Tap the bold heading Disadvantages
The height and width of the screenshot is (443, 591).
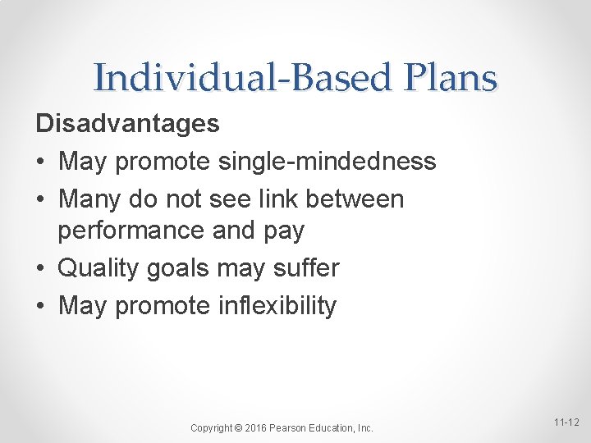(127, 124)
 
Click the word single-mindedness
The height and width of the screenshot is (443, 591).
(327, 162)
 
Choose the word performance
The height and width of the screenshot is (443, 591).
(131, 231)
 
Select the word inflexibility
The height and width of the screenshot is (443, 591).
(277, 306)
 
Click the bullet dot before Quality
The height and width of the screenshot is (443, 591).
(41, 269)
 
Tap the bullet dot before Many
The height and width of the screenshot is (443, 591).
(41, 200)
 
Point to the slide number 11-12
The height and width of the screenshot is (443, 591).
(565, 422)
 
